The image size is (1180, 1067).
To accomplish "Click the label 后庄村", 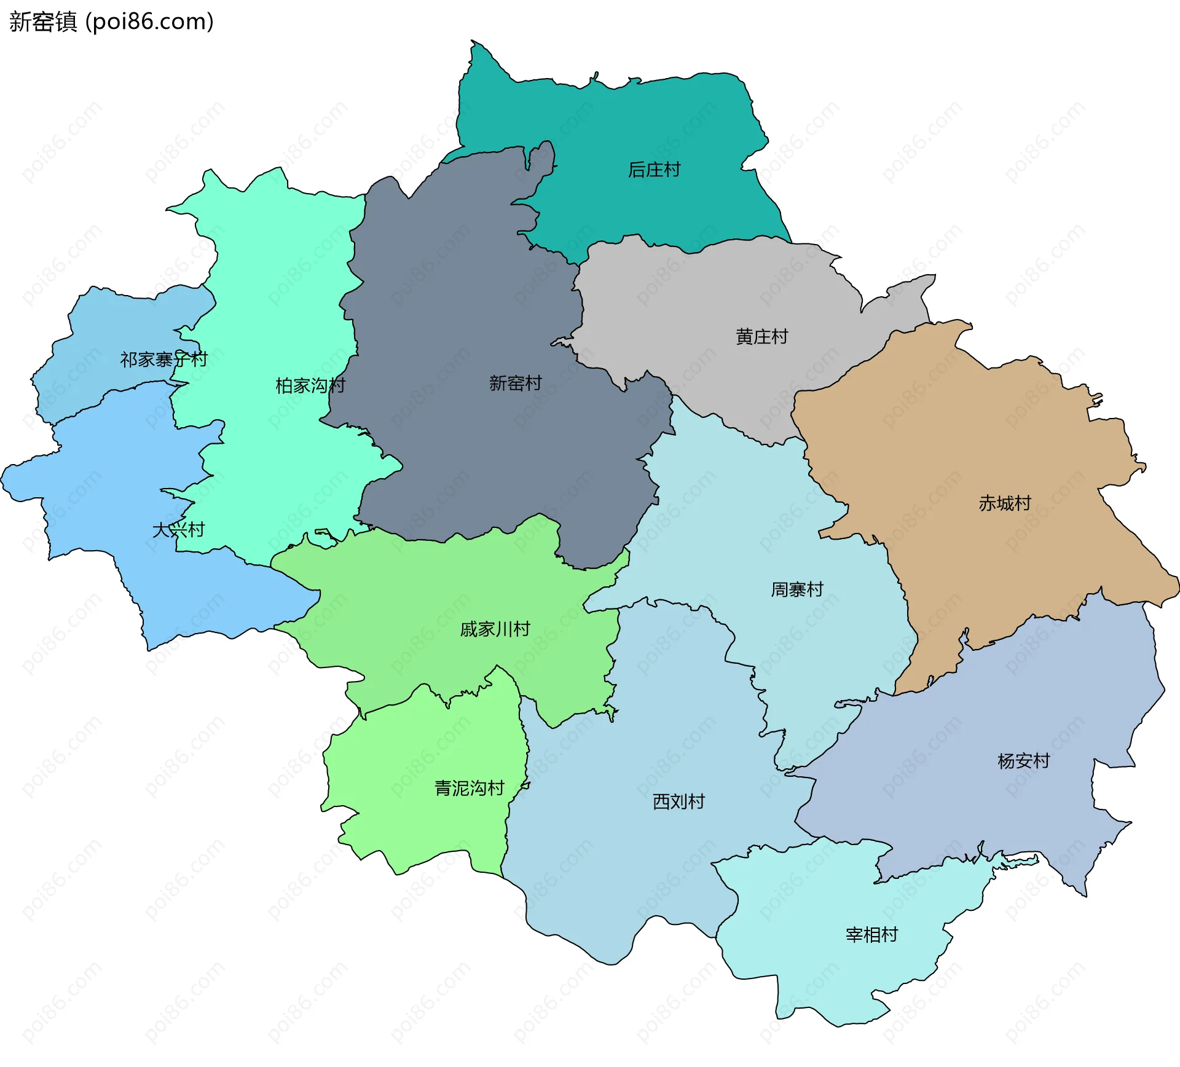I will [x=654, y=170].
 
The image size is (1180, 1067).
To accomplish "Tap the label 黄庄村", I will [x=761, y=337].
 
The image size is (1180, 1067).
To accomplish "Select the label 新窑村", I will [x=515, y=384].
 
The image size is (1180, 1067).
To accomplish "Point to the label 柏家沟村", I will [x=310, y=386].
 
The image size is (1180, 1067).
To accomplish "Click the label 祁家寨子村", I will [x=163, y=360].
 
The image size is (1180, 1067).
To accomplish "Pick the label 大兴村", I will [x=178, y=530].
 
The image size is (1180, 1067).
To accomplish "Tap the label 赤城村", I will [x=1005, y=503].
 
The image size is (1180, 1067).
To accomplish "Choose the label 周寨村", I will [x=797, y=590].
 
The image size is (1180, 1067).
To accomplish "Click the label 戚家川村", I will [x=495, y=629].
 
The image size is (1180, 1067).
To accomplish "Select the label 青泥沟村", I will [x=470, y=789].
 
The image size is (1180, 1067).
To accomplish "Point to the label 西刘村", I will [x=678, y=802].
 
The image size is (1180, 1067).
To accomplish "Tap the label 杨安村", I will [x=1024, y=762].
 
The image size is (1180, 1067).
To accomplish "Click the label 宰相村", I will [x=871, y=935].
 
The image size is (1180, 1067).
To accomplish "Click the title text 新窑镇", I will [x=43, y=22].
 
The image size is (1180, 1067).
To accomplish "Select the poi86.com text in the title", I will [x=149, y=22].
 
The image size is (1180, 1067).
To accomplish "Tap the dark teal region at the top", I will [x=615, y=123].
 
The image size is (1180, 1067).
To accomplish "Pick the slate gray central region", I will [x=467, y=295].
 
